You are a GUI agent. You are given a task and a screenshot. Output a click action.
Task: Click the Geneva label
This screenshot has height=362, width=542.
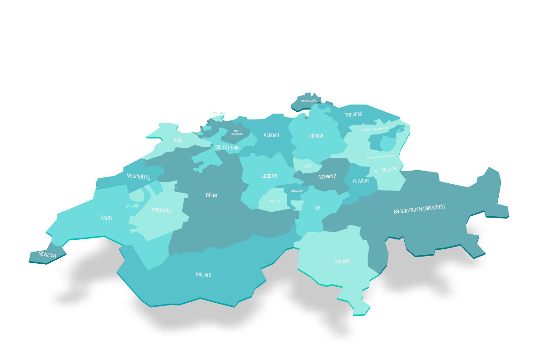[x=47, y=255]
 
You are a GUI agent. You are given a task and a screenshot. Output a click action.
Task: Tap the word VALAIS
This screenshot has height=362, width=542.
[x=203, y=275]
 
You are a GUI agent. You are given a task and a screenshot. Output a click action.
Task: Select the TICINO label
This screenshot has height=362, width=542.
[x=342, y=262]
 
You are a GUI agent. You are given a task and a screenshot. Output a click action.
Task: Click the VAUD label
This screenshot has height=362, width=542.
[x=106, y=218]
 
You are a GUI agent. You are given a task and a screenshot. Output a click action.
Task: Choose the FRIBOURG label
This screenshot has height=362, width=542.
[x=162, y=210]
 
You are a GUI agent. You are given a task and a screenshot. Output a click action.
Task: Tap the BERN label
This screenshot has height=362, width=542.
[x=211, y=195]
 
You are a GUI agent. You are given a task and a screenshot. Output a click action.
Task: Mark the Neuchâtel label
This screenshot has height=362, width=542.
[x=139, y=176]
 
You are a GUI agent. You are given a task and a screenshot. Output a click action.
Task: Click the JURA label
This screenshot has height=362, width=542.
[x=178, y=140]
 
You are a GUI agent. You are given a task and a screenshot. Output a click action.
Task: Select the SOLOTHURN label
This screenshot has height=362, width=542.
[x=227, y=148]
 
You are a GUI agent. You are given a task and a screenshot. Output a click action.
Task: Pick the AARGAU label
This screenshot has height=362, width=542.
[x=271, y=135]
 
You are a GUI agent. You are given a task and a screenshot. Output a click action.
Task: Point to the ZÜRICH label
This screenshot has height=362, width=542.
[x=316, y=136]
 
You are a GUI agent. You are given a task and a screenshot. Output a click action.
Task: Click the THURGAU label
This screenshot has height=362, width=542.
[x=354, y=114]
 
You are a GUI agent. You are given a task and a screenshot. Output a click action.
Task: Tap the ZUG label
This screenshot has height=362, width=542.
[x=307, y=166]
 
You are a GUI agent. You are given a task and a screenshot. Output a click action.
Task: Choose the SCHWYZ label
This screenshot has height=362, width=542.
[x=327, y=176]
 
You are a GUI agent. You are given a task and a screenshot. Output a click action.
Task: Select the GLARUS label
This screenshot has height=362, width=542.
[x=361, y=181]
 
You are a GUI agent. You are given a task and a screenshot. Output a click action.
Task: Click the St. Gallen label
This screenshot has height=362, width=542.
[x=385, y=170]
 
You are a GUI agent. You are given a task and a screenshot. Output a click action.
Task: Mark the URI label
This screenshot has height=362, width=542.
[x=318, y=208]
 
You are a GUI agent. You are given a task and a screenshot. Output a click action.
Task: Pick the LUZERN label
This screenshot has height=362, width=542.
[x=269, y=176]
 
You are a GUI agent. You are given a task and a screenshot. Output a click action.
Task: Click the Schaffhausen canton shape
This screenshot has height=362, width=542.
[x=306, y=102]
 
